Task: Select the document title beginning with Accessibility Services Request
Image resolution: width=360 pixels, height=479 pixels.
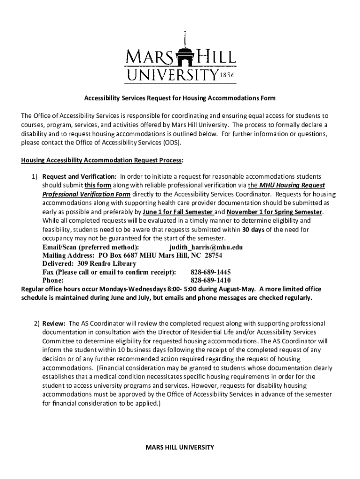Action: pos(180,98)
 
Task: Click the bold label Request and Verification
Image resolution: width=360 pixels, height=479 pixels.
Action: pos(79,176)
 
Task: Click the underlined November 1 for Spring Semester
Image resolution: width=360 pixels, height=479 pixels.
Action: pos(274,212)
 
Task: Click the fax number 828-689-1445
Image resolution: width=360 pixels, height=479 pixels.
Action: pos(210,272)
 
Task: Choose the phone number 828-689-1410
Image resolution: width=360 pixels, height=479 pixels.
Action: pos(210,281)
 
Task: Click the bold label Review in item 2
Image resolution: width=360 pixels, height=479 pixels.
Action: pos(54,323)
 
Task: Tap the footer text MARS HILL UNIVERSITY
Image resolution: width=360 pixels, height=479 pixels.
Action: pos(180,447)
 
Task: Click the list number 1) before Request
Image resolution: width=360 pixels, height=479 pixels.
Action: pos(35,176)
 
